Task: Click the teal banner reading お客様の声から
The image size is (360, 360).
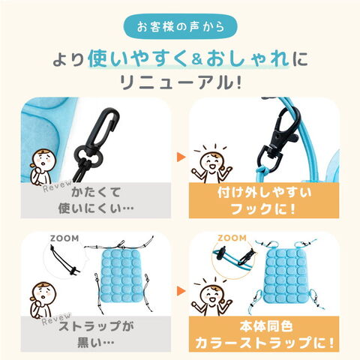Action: [x=180, y=26]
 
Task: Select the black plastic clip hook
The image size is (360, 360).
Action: [x=98, y=140]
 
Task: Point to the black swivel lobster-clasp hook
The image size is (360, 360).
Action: [x=278, y=140]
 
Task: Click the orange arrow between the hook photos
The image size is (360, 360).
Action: [x=181, y=157]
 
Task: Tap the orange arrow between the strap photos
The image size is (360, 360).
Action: [x=181, y=290]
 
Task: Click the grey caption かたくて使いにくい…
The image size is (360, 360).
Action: [x=96, y=200]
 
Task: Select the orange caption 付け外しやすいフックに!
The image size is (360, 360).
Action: [x=264, y=200]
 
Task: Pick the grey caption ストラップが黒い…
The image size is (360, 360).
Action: [x=96, y=334]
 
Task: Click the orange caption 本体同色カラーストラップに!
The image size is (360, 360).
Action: [x=264, y=334]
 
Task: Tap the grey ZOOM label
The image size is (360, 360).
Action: [x=64, y=238]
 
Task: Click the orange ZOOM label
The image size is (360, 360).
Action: [x=232, y=238]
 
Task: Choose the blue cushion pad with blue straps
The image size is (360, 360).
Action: [x=286, y=275]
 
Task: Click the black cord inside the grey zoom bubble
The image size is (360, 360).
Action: [x=63, y=260]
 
